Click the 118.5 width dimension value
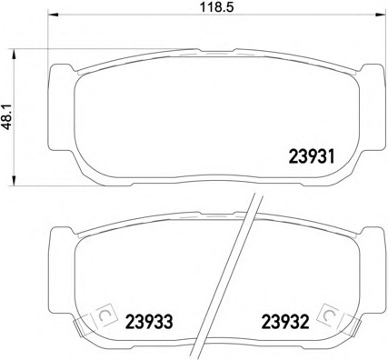(217, 6)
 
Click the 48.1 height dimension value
(6, 116)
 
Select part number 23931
(312, 156)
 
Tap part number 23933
(149, 322)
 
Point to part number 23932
(285, 322)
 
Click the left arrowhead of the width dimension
(54, 15)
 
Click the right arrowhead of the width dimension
(379, 15)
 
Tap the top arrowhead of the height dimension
(13, 54)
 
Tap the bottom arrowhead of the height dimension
(13, 181)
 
